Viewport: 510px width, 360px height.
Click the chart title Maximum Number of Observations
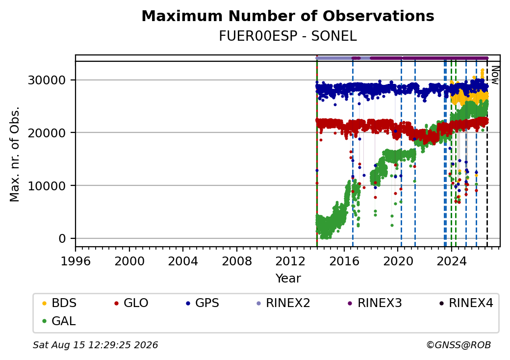[288, 16]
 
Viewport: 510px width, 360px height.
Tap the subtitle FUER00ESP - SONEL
[288, 36]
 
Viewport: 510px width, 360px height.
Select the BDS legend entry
[59, 303]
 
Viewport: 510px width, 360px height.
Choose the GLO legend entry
[131, 303]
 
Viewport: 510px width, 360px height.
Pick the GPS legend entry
[203, 303]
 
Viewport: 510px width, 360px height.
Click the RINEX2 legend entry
[283, 303]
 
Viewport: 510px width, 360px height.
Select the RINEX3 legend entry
[375, 303]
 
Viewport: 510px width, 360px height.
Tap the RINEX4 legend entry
[466, 303]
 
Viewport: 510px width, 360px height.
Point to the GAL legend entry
[59, 321]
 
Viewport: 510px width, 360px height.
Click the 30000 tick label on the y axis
[47, 80]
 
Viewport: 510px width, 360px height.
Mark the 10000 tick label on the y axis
[47, 186]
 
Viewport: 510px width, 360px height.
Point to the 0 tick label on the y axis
[62, 239]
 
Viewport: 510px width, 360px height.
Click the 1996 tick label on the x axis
[76, 261]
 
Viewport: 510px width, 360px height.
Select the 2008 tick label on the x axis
[236, 261]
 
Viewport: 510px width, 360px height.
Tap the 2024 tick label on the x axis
[451, 261]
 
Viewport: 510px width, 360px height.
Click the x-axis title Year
[288, 279]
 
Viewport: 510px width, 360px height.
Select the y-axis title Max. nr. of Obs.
[15, 154]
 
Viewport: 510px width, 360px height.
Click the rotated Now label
[495, 75]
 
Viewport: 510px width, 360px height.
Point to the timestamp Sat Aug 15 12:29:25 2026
[95, 345]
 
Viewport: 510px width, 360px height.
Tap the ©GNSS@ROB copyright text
[459, 345]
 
